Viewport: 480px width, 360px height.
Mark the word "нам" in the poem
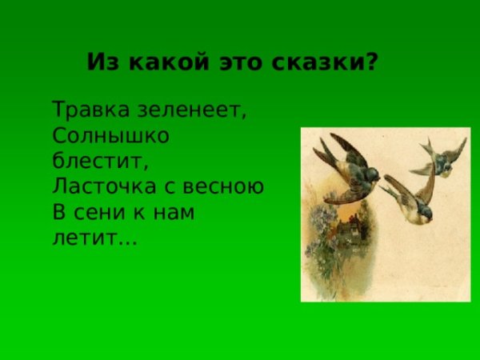coord(174,213)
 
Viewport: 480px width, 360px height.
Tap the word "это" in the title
coord(241,62)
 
